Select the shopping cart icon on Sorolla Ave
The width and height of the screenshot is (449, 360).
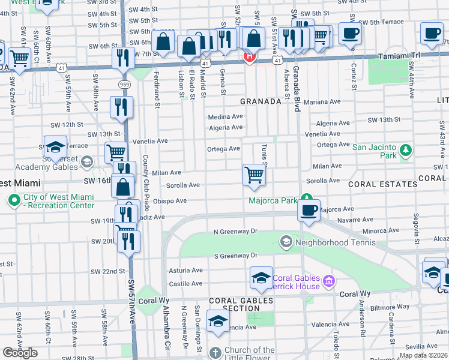[x=255, y=175]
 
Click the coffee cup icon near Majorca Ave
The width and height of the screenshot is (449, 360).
[x=309, y=210]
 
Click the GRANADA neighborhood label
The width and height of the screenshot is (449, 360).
[x=261, y=102]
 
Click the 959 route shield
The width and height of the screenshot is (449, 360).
[x=124, y=84]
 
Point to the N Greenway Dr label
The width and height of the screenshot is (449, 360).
[x=235, y=231]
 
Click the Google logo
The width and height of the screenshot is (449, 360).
[x=20, y=353]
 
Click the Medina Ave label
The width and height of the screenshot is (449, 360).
[x=225, y=117]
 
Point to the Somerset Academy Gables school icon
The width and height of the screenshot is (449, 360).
[x=86, y=162]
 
